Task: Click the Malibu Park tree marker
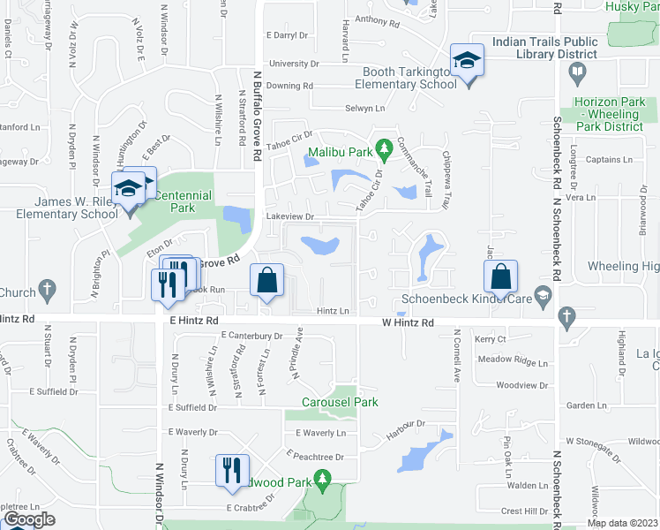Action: (383, 147)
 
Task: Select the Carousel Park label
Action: (343, 402)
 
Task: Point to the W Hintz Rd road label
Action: (408, 323)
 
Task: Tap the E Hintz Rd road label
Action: (193, 323)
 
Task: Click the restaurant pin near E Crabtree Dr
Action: (233, 468)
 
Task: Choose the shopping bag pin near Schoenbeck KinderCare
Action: (500, 277)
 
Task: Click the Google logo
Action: (30, 519)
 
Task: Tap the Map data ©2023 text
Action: (623, 523)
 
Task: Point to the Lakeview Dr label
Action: (290, 216)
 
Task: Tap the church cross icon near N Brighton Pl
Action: (47, 289)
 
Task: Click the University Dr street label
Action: (293, 64)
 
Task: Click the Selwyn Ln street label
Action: (366, 108)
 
